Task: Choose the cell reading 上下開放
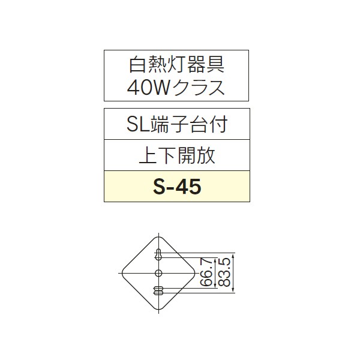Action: click(x=176, y=155)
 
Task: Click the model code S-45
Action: click(x=176, y=187)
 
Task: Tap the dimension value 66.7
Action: click(x=207, y=274)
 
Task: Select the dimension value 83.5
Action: click(x=226, y=274)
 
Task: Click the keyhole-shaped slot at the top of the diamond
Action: click(x=158, y=254)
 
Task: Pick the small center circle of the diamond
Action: click(x=158, y=274)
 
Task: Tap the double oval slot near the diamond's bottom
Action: click(x=158, y=291)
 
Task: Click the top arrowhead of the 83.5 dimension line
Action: click(x=234, y=255)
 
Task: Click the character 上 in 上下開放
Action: click(x=145, y=155)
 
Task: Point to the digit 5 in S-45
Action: click(x=194, y=187)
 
